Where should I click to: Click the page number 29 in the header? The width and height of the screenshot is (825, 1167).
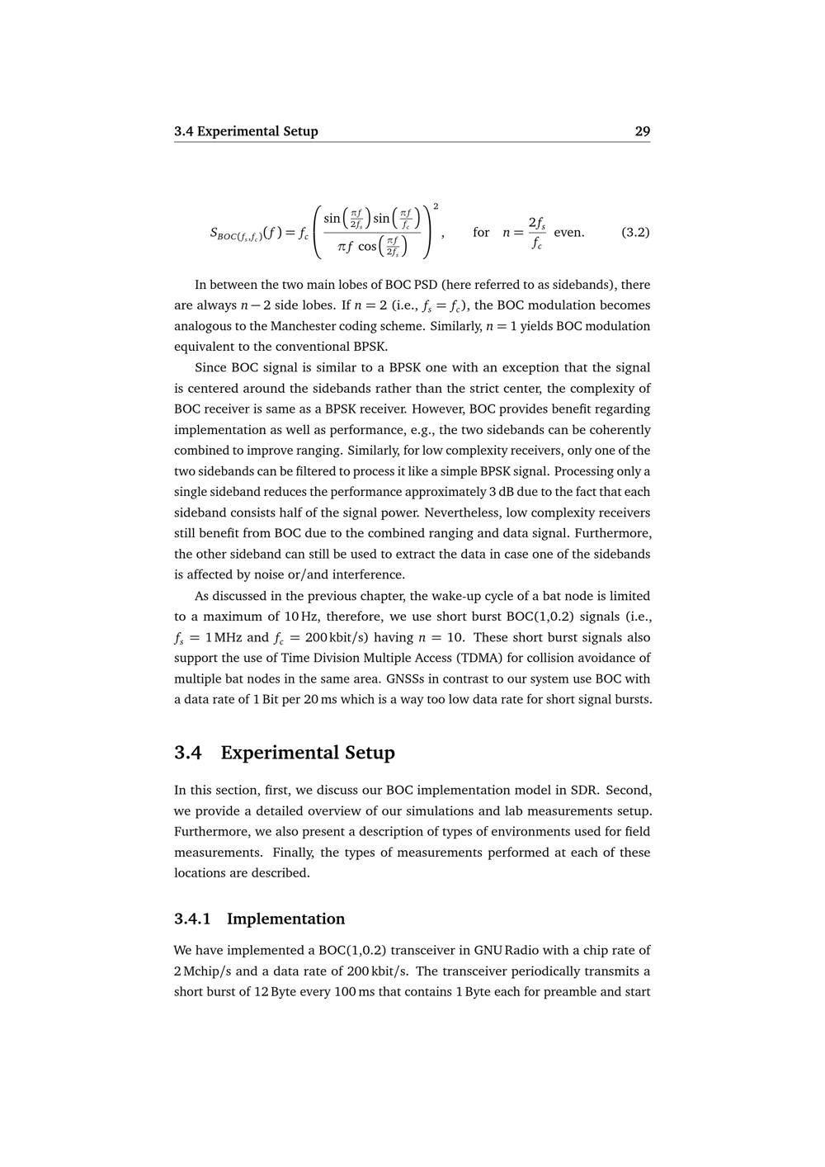(642, 131)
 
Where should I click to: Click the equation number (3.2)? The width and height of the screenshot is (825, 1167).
(634, 232)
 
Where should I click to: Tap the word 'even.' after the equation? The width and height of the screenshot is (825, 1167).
(568, 232)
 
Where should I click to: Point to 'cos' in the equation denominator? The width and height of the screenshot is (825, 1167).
(368, 247)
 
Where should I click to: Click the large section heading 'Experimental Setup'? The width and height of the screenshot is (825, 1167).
(308, 753)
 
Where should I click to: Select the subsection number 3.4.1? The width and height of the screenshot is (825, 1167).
(192, 919)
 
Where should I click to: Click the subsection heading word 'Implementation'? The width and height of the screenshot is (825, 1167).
(285, 919)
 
